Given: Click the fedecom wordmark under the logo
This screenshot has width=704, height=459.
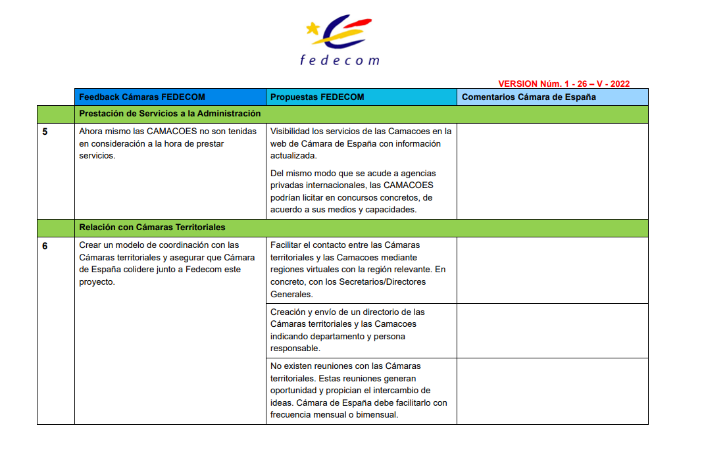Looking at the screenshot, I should click(x=339, y=60).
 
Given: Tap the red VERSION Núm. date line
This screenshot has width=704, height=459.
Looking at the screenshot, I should click(x=564, y=84).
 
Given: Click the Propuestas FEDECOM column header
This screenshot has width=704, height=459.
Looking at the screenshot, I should click(x=317, y=97).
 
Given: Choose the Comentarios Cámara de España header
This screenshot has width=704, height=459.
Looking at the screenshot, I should click(x=529, y=97).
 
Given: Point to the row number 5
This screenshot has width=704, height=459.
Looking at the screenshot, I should click(x=45, y=132).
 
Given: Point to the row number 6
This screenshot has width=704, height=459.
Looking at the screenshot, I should click(x=45, y=246).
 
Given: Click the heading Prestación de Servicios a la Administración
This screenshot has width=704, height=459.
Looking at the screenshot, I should click(x=170, y=114).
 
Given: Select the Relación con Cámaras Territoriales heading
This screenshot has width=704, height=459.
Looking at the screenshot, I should click(x=152, y=228).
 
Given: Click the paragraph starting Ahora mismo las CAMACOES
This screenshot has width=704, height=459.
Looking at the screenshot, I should click(x=168, y=143).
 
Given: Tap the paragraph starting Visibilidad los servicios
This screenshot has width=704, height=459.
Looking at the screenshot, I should click(x=361, y=143).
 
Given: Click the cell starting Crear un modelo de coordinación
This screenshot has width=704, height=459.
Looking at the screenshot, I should click(x=167, y=263).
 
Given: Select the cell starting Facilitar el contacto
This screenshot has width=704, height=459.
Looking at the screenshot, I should click(x=358, y=269).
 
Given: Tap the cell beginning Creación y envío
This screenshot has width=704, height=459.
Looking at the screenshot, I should click(x=348, y=330).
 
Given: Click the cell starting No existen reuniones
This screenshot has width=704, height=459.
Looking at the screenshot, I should click(x=359, y=391).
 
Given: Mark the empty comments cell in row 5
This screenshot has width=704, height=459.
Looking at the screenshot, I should click(x=552, y=171).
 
